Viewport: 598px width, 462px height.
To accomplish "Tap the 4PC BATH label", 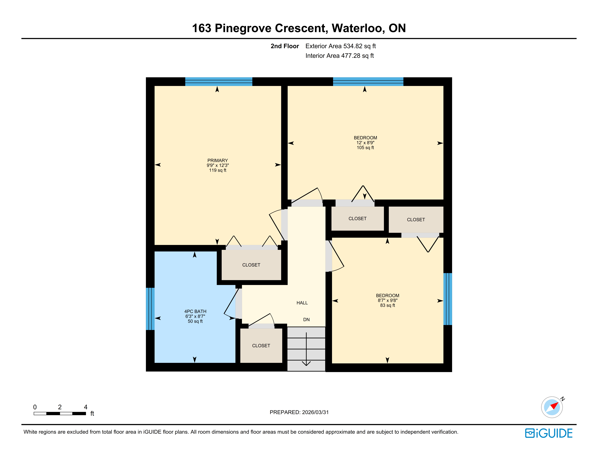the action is point(195,311).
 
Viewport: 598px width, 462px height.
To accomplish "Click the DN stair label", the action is point(306,319).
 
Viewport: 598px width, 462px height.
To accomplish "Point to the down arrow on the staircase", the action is point(306,349).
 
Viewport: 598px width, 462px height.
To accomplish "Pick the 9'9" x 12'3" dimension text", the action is point(218,165).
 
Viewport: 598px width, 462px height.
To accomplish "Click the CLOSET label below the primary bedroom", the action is point(251,265).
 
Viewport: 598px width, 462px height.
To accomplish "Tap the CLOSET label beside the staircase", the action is point(261,346).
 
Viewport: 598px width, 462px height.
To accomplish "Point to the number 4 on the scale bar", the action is point(85,407).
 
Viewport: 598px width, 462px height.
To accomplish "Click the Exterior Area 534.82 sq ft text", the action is point(341,46).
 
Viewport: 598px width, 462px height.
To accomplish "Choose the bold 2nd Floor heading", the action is point(285,46).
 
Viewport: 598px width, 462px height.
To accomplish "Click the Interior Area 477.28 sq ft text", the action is point(340,56).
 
